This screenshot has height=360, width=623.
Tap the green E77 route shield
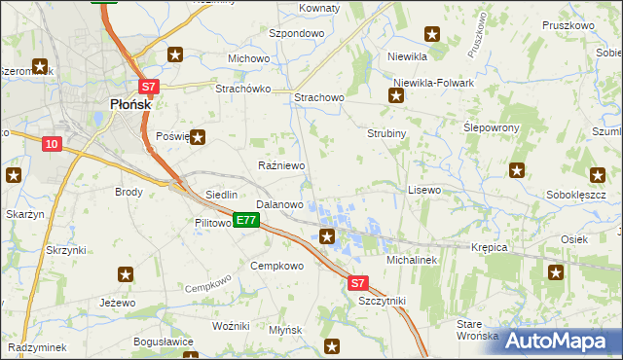pyautogui.click(x=245, y=221)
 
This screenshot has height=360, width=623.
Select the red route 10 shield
pyautogui.click(x=52, y=144)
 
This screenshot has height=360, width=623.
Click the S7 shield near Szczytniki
pyautogui.click(x=358, y=283)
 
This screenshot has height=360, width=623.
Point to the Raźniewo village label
pyautogui.click(x=281, y=166)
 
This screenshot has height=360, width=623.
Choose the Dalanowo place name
pyautogui.click(x=279, y=205)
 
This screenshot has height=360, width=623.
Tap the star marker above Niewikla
pyautogui.click(x=432, y=34)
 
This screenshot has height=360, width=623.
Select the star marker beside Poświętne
pyautogui.click(x=198, y=137)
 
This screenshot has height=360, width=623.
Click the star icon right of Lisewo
pyautogui.click(x=517, y=171)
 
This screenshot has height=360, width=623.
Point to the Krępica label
pyautogui.click(x=490, y=247)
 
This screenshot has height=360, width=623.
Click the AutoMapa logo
pyautogui.click(x=558, y=340)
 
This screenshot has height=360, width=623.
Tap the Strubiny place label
pyautogui.click(x=385, y=133)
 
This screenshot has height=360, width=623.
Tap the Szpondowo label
pyautogui.click(x=296, y=33)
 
